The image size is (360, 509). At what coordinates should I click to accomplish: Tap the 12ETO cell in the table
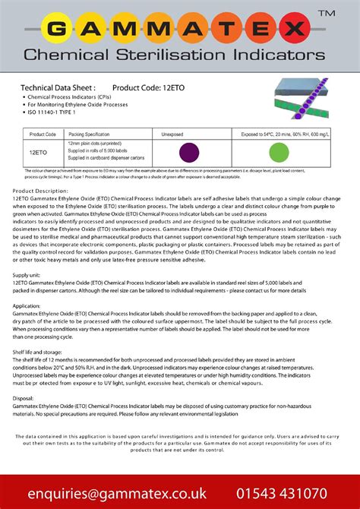click(40, 151)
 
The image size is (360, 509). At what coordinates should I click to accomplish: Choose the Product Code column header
click(43, 134)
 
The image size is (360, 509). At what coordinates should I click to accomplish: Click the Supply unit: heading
click(27, 273)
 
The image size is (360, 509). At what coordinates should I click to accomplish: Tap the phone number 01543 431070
click(295, 493)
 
